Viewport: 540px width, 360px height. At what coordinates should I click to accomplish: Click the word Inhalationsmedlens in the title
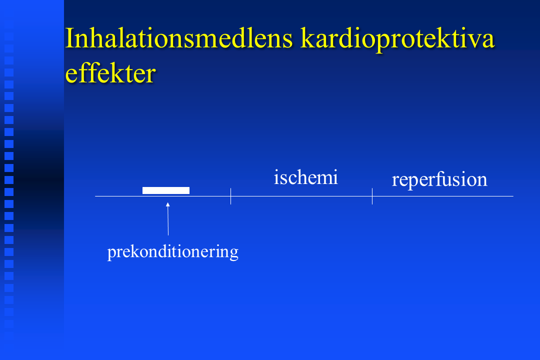(179, 37)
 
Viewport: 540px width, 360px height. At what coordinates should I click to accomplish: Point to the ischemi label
(306, 177)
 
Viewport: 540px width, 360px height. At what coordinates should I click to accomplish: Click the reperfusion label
(439, 179)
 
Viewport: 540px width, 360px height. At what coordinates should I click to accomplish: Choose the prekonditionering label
(173, 252)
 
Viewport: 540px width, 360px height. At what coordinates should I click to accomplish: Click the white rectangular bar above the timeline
(166, 190)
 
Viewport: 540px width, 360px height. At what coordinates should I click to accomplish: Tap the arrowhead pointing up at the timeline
(167, 204)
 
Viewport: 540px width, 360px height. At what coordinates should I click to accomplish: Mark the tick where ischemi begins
(230, 196)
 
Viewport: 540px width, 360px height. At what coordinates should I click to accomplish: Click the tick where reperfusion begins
(372, 196)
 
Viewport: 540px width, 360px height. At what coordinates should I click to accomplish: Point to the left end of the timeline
(95, 196)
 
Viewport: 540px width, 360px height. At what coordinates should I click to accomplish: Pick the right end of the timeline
(513, 196)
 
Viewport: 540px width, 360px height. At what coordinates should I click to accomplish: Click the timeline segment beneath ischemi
(301, 196)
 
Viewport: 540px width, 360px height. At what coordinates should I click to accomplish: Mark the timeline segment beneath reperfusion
(443, 196)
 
